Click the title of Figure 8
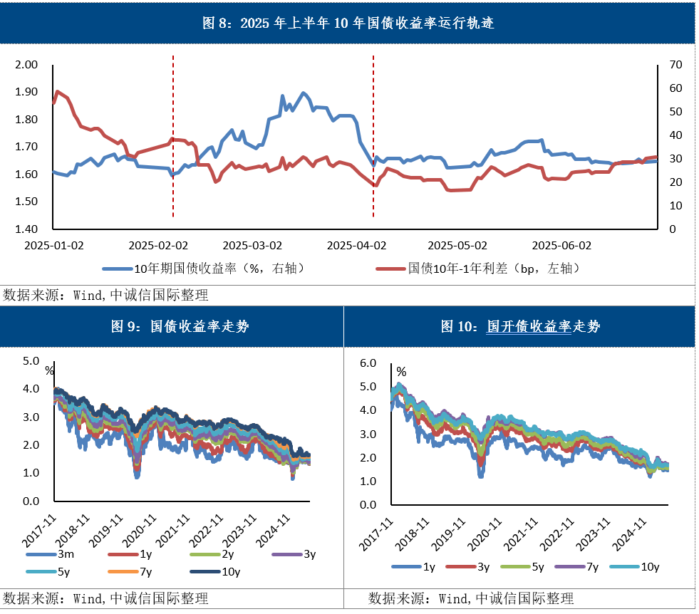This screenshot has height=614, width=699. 348,23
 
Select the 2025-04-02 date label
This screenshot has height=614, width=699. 356,245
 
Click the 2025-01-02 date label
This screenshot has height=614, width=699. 53,245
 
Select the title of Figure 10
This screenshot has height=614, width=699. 520,327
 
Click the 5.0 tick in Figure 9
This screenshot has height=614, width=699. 31,361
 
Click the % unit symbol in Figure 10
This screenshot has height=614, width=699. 402,372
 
